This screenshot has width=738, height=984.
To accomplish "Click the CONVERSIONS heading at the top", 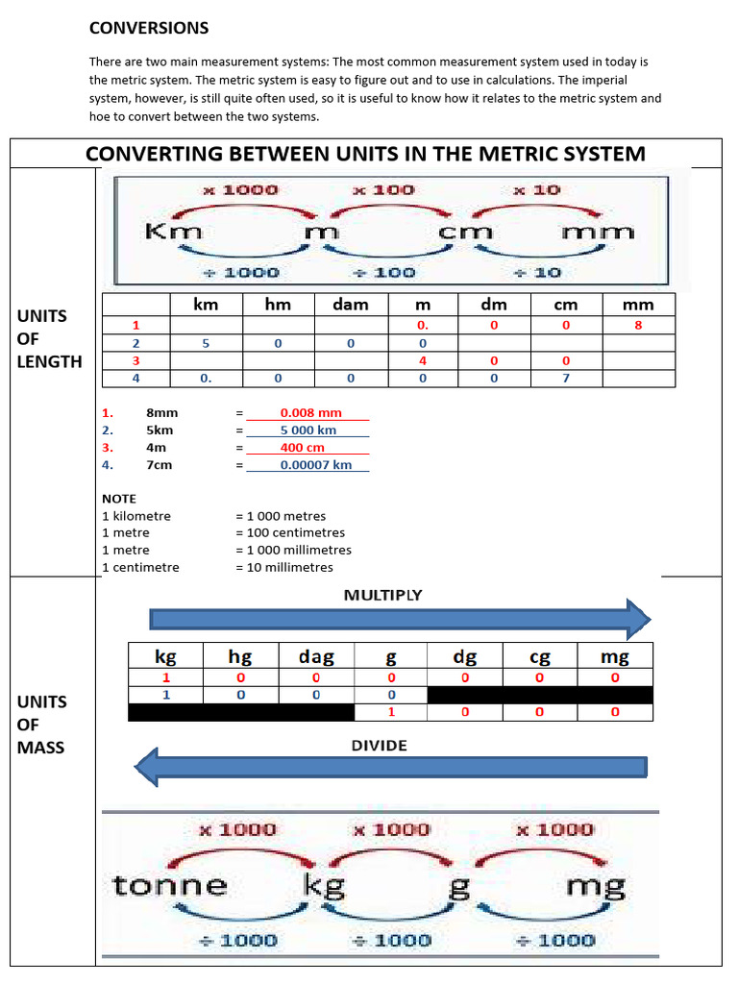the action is click(x=149, y=28).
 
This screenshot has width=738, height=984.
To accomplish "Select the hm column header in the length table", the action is click(x=280, y=305).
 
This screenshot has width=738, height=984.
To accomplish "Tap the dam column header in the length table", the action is click(x=351, y=305).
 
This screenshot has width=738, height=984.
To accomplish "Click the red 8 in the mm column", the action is click(x=638, y=326).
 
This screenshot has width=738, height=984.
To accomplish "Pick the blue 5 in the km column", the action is click(x=206, y=343).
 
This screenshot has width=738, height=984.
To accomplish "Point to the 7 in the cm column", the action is click(x=566, y=378).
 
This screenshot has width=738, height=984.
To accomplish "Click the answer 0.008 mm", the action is click(x=305, y=412).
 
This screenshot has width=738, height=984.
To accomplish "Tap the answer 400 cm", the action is click(x=302, y=448).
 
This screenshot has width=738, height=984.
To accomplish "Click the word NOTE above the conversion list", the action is click(x=119, y=499).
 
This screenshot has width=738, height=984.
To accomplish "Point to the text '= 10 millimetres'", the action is click(x=283, y=567).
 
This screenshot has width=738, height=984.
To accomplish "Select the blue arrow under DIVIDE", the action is click(x=390, y=767).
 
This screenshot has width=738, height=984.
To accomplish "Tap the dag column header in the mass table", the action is click(x=316, y=657).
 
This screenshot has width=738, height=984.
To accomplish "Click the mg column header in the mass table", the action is click(x=614, y=657).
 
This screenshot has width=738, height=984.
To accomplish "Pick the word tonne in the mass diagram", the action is click(x=170, y=885).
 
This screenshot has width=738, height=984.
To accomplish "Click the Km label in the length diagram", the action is click(x=173, y=232).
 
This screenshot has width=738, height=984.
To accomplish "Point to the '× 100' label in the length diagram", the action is click(x=383, y=190).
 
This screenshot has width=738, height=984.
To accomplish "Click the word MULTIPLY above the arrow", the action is click(x=382, y=596).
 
